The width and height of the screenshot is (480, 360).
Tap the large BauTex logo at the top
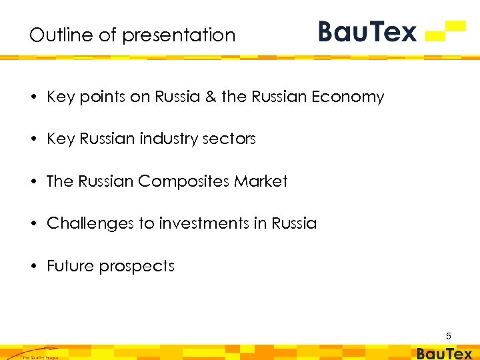[x=367, y=31]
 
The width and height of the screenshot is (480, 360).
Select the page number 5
[x=449, y=336]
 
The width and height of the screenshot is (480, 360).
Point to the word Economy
[x=351, y=97]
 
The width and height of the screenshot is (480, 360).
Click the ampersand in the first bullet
[x=211, y=97]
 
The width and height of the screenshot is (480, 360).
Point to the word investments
[x=203, y=224]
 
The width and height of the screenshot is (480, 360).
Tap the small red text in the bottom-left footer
[x=41, y=357]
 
